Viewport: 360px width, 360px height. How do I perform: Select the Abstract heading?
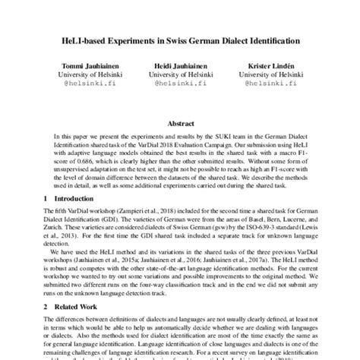[x=180, y=121]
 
